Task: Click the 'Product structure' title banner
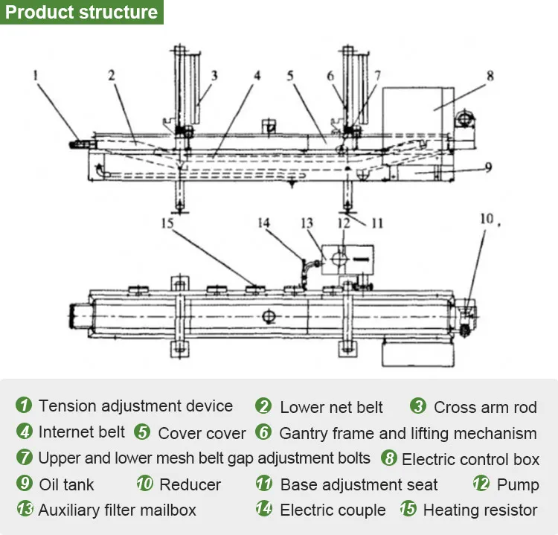(81, 13)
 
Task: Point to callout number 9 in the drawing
(487, 167)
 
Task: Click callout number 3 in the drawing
(214, 75)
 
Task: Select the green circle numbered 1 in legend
(24, 406)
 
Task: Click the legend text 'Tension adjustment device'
(135, 406)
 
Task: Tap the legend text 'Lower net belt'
(331, 407)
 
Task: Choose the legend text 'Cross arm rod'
(485, 407)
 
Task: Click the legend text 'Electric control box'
(470, 459)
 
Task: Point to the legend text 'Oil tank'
(66, 485)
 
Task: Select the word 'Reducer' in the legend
(190, 485)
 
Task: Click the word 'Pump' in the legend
(518, 485)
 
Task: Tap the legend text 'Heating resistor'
(480, 510)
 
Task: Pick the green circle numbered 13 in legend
(25, 510)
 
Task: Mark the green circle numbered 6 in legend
(263, 432)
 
